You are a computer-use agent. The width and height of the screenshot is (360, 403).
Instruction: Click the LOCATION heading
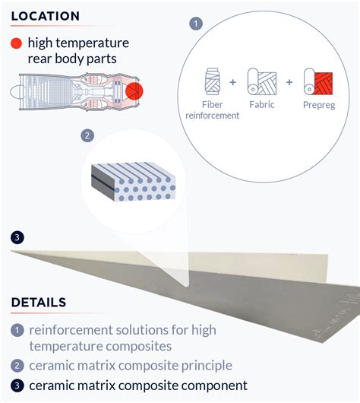tap(46, 16)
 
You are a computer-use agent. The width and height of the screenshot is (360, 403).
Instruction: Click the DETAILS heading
tap(39, 303)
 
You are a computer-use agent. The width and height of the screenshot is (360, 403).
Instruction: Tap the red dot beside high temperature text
tap(16, 43)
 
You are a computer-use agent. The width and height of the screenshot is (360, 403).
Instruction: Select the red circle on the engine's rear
tap(134, 91)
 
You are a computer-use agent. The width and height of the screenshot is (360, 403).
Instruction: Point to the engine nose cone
tap(15, 92)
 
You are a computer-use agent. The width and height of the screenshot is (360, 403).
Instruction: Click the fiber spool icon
tap(213, 81)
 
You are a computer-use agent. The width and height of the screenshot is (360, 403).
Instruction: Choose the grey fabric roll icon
tap(262, 81)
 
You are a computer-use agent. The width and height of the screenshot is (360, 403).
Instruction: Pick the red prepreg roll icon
tap(318, 81)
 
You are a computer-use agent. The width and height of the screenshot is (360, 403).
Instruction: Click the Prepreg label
tap(319, 105)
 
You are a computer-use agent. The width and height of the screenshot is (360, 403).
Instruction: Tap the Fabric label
tap(262, 105)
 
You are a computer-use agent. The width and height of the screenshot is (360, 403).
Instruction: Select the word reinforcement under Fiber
tap(213, 116)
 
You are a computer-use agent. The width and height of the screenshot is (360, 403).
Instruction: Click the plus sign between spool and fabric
tap(233, 82)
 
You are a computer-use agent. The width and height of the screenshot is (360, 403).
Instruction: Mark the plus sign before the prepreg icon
tap(289, 82)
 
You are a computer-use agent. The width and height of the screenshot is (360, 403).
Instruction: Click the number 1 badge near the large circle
tap(196, 24)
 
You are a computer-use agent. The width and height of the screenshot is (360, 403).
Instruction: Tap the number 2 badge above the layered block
tap(87, 135)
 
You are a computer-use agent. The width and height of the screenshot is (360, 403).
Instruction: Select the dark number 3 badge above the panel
tap(17, 237)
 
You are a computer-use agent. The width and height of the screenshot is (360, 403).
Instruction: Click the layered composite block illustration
tap(134, 182)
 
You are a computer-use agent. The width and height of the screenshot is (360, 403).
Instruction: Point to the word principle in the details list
tap(207, 366)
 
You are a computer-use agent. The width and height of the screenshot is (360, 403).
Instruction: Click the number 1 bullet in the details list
tap(17, 330)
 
